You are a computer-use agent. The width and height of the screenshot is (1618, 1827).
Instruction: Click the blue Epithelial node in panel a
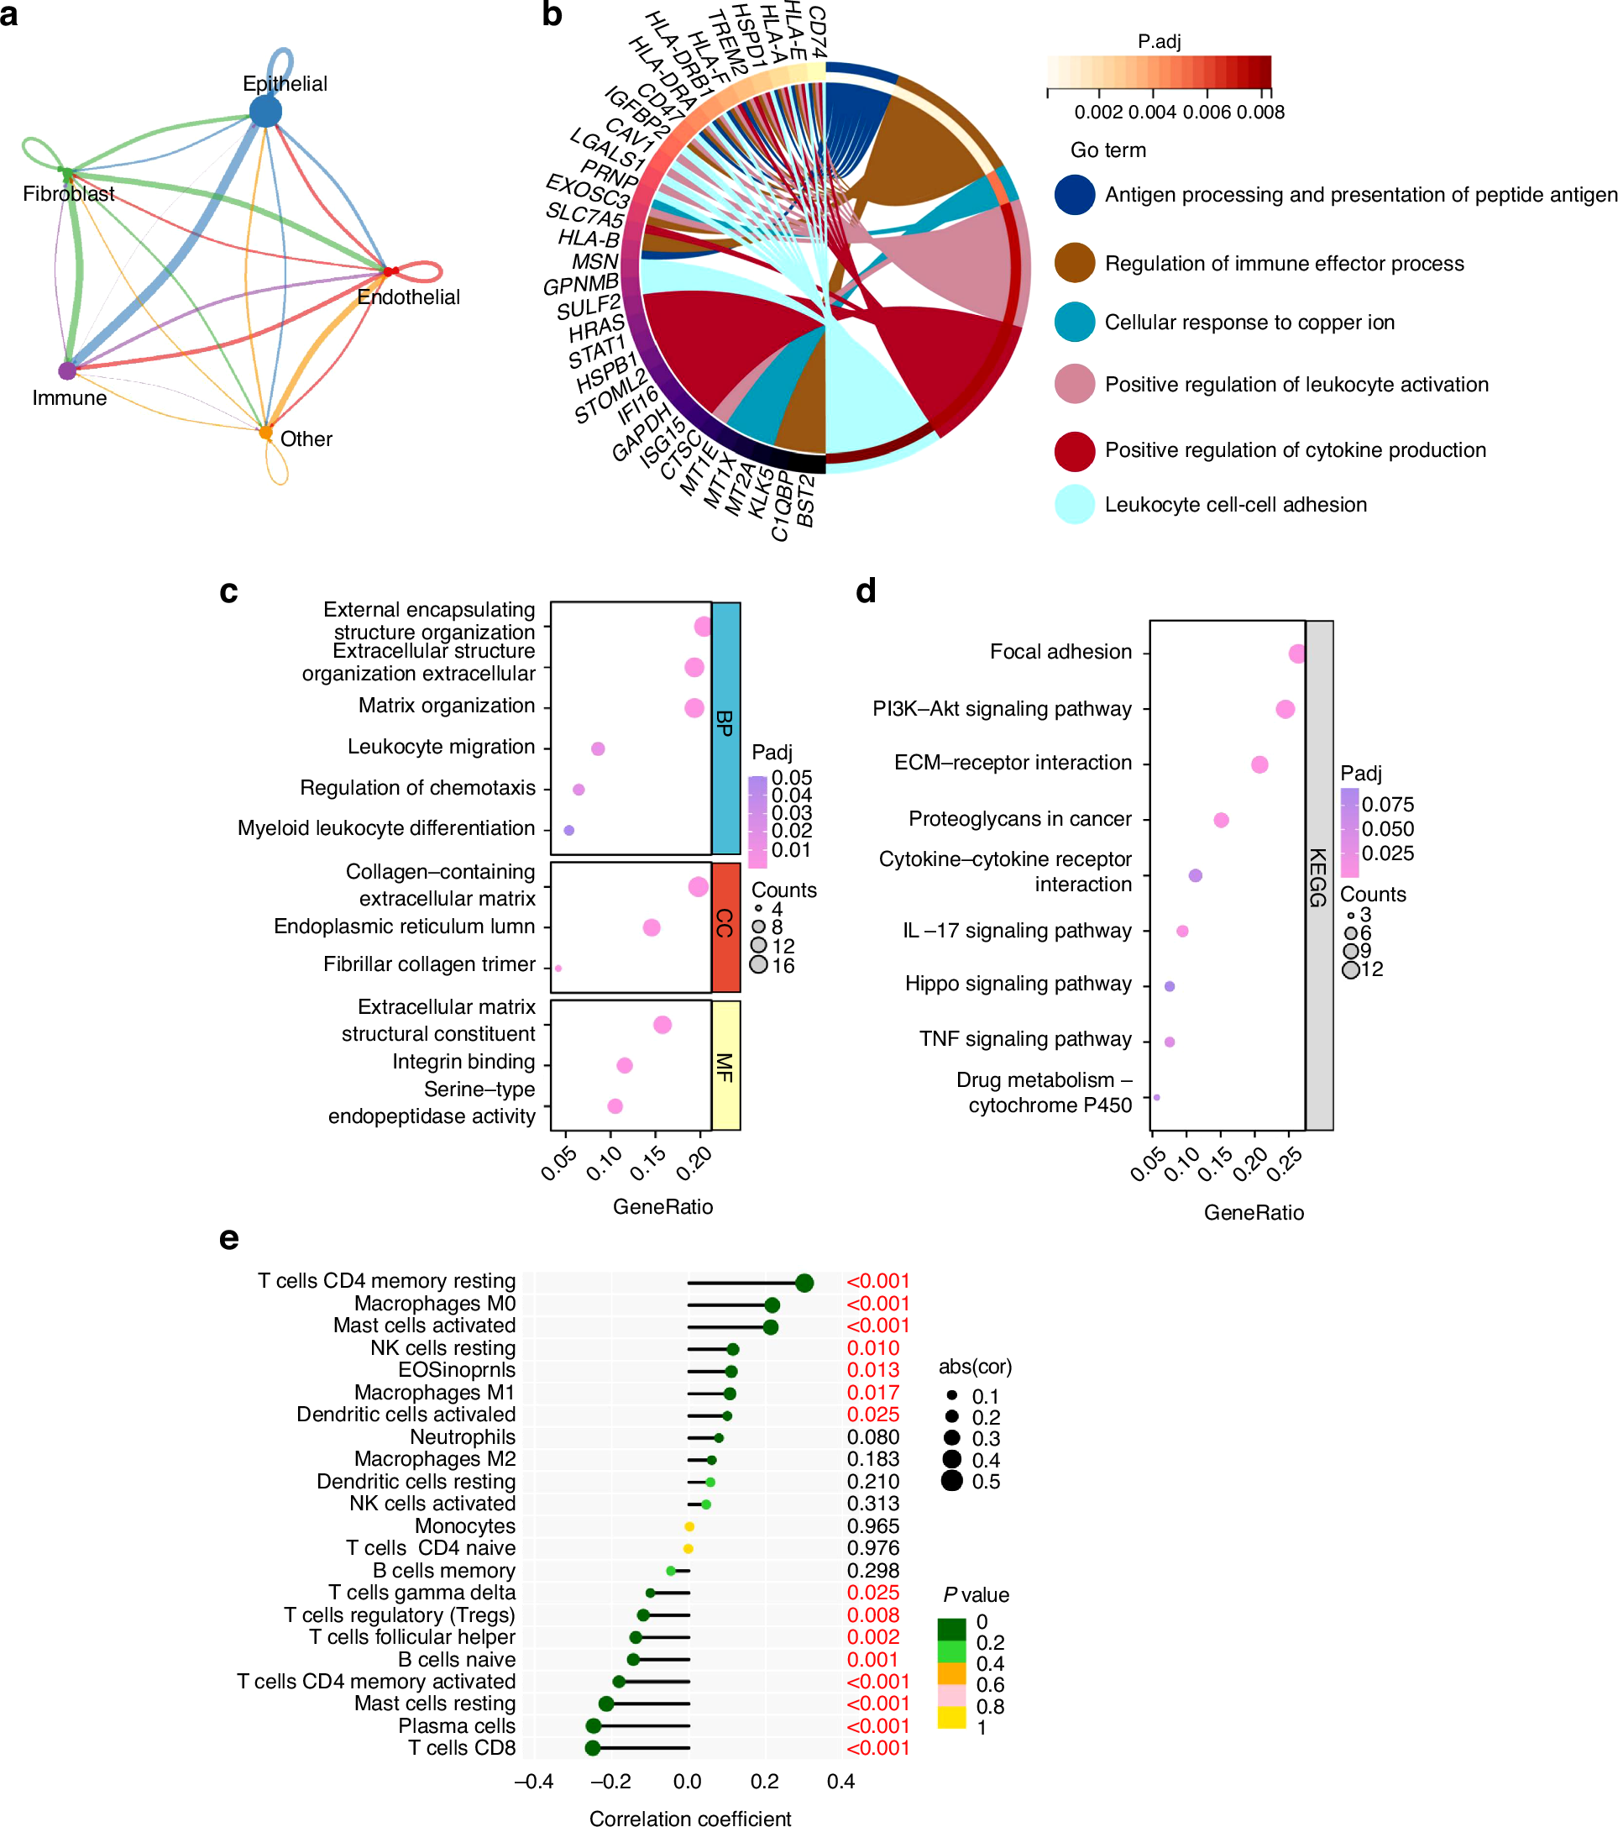[265, 112]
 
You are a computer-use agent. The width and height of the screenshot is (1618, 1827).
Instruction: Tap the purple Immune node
[67, 370]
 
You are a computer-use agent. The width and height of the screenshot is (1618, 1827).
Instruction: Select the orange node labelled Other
[265, 433]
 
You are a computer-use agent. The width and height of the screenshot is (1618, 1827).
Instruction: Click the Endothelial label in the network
[408, 297]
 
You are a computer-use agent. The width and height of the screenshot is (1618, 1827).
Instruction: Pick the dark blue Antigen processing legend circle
[1074, 195]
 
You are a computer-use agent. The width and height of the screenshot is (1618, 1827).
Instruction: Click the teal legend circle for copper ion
[1074, 323]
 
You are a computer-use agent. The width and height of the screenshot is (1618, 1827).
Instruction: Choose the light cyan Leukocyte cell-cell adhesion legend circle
[1074, 504]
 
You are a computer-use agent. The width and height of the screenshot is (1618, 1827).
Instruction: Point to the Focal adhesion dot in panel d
[1296, 654]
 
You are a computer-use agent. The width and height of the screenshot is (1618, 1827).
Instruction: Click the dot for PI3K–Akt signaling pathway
[1285, 709]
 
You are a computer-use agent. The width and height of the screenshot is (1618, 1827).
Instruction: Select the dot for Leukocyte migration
[598, 748]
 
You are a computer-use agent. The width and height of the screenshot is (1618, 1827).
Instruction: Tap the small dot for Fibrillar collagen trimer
[558, 968]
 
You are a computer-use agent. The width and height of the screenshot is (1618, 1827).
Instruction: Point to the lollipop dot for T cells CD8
[592, 1747]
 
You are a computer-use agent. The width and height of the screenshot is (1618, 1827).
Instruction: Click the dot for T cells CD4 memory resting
[804, 1283]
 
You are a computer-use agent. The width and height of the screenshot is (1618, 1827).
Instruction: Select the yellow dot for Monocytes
[689, 1526]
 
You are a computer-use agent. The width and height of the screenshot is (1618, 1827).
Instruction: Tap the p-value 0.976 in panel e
[873, 1548]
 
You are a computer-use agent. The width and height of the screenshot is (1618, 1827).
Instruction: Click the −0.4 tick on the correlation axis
[533, 1782]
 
